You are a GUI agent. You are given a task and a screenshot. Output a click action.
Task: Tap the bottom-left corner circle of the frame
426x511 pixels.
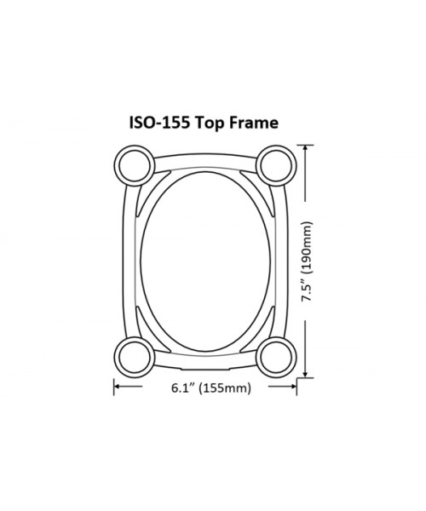[133, 353]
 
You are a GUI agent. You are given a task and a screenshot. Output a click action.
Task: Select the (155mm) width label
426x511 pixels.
[226, 390]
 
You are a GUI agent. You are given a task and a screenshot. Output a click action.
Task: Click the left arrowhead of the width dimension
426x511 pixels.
[119, 389]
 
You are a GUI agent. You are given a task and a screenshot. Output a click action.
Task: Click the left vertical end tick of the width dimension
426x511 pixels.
[114, 389]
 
